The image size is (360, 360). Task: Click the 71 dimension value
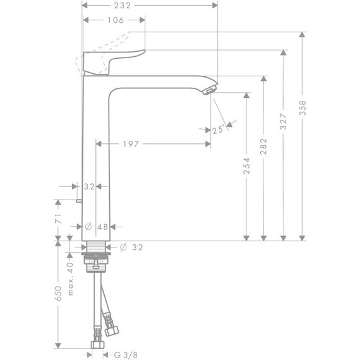point(57,219)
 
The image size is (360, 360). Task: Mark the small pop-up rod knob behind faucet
point(76,201)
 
